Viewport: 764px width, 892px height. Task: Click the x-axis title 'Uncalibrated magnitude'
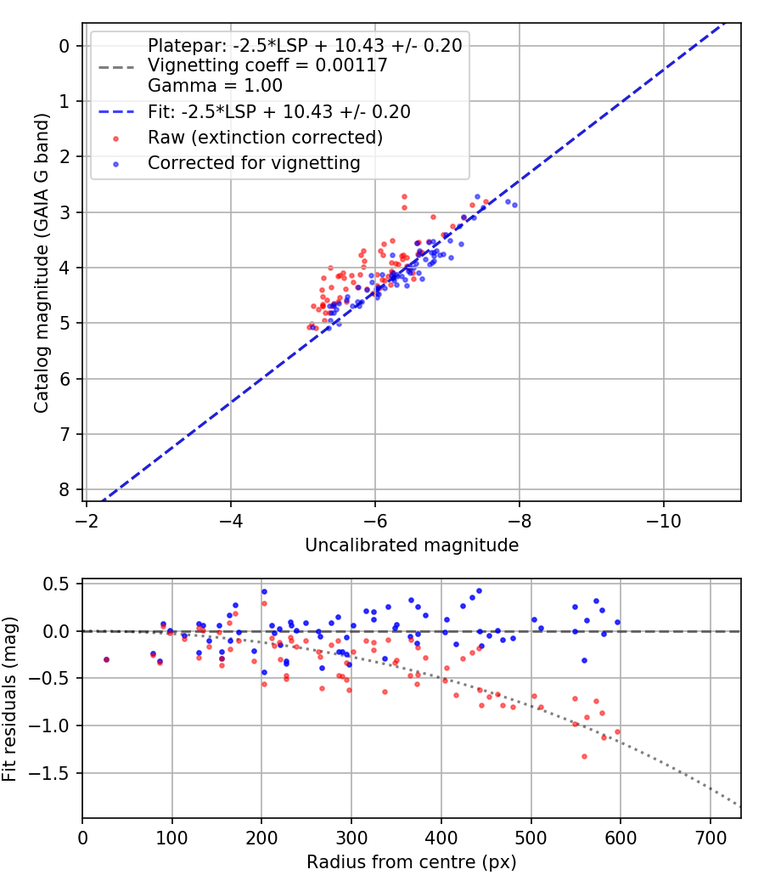pos(412,545)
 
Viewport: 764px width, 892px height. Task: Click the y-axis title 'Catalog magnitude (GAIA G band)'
pos(40,263)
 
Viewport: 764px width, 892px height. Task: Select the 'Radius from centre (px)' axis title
pos(412,862)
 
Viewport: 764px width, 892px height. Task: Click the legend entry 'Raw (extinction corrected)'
pos(265,138)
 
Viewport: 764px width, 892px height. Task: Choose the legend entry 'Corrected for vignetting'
pos(255,163)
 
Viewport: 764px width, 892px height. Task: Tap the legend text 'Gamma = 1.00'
pos(215,86)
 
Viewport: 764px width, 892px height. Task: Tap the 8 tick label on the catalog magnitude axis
pos(65,490)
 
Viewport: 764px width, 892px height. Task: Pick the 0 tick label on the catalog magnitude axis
pos(65,46)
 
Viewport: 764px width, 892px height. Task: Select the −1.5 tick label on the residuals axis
pos(53,773)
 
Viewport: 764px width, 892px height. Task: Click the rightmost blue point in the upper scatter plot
pos(514,205)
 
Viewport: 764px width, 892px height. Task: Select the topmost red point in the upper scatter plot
pos(404,196)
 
